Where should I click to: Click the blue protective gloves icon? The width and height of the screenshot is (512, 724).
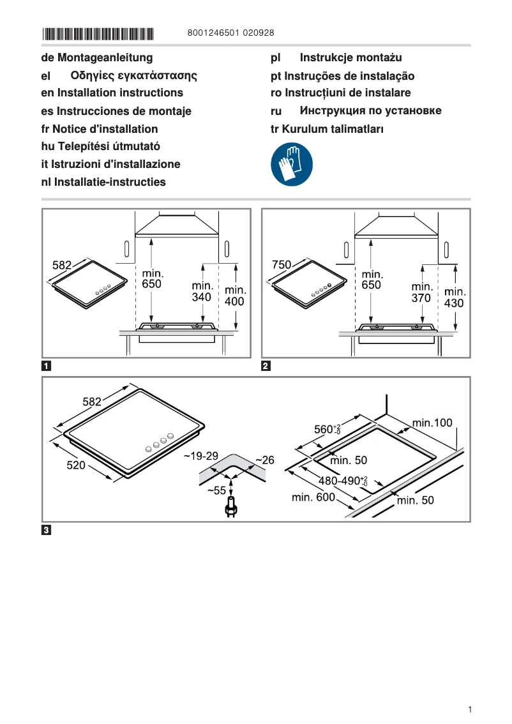(292, 165)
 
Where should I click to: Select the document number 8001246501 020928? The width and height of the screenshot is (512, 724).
(232, 33)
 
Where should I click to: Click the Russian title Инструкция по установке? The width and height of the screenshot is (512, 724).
(370, 111)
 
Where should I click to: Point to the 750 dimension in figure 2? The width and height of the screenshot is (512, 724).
(282, 264)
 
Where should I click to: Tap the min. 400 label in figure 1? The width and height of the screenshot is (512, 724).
(235, 296)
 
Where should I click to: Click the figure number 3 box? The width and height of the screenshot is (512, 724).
(47, 530)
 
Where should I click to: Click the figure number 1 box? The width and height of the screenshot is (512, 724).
(47, 366)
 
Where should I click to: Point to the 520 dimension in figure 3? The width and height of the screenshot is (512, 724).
(77, 465)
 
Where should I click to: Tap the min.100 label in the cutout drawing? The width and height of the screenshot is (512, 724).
(432, 423)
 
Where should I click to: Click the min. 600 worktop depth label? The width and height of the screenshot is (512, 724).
(313, 497)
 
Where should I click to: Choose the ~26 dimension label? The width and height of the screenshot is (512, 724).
(264, 460)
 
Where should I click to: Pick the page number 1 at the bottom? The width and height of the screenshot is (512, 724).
(469, 709)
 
